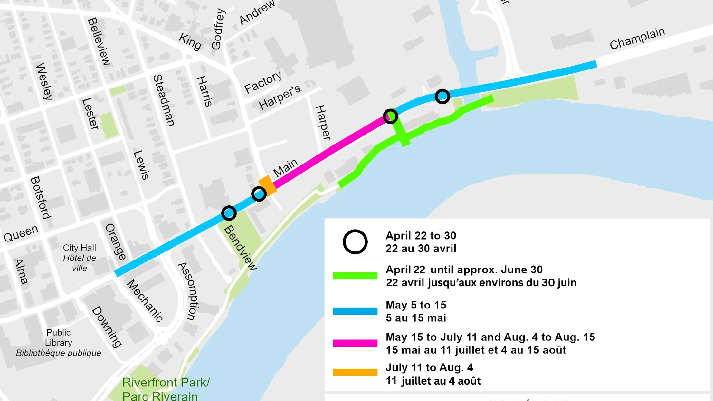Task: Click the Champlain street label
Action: pyautogui.click(x=637, y=39)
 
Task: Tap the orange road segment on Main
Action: pyautogui.click(x=268, y=185)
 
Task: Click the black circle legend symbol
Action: pyautogui.click(x=355, y=242)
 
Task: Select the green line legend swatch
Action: pyautogui.click(x=355, y=276)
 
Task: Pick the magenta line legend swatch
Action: pyautogui.click(x=355, y=343)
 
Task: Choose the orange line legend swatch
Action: pyautogui.click(x=355, y=372)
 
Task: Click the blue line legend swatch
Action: pyautogui.click(x=355, y=311)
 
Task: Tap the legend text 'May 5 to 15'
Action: pyautogui.click(x=416, y=305)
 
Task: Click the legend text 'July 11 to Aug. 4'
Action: pyautogui.click(x=429, y=368)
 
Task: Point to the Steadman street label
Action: pyautogui.click(x=164, y=100)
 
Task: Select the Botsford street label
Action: pyautogui.click(x=40, y=198)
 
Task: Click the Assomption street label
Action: pyautogui.click(x=189, y=291)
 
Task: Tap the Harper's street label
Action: pyautogui.click(x=280, y=97)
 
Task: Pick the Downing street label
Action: pyautogui.click(x=107, y=327)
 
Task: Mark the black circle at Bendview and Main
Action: pyautogui.click(x=229, y=213)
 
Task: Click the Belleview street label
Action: pyautogui.click(x=99, y=41)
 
